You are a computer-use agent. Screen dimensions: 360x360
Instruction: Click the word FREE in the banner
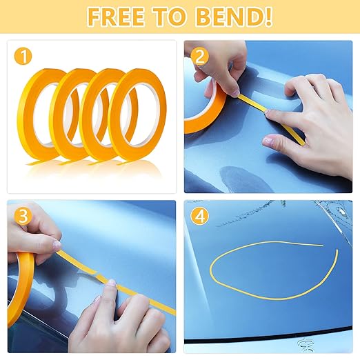coord(116,17)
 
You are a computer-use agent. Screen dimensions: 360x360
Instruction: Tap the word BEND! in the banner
coord(234,17)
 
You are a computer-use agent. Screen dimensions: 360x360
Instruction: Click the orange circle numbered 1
coord(23,57)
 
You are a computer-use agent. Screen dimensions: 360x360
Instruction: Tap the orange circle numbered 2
coord(200,57)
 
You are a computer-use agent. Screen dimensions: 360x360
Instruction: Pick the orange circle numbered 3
coord(23,217)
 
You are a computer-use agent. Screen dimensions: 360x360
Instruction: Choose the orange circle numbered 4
coord(200,217)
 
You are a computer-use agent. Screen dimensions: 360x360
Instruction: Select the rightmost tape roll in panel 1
coord(161,115)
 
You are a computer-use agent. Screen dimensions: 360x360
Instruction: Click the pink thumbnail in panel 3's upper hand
coord(57,244)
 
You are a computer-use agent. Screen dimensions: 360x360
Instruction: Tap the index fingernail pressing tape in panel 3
coord(112,282)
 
